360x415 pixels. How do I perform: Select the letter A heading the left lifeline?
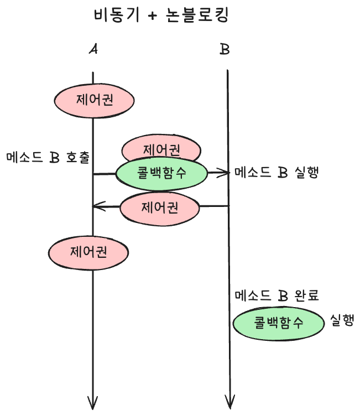point(93,50)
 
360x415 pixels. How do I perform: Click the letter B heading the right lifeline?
point(225,50)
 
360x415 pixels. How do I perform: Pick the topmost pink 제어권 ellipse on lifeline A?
point(94,101)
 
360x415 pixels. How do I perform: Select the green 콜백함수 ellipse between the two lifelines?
point(161,172)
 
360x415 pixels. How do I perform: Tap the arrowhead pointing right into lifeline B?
point(224,173)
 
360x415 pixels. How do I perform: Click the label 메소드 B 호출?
point(49,157)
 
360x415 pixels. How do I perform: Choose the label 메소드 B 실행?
point(276,173)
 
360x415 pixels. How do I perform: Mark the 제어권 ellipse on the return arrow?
point(159,208)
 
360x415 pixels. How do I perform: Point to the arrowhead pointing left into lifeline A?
point(97,207)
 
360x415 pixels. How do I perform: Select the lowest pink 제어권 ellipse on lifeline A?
point(88,252)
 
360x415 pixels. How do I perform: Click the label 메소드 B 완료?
point(276,296)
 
